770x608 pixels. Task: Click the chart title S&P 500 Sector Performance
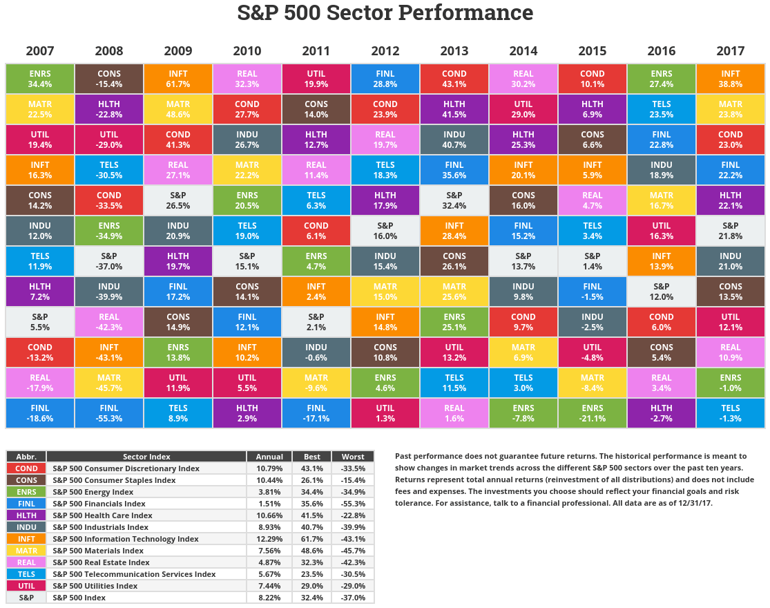point(385,13)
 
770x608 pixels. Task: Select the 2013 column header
point(454,51)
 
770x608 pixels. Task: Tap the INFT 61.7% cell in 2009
point(178,79)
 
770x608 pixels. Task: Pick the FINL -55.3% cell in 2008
point(109,413)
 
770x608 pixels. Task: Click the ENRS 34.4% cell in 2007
point(40,79)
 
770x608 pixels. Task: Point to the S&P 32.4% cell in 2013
point(454,200)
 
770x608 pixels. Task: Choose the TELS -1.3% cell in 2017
point(730,413)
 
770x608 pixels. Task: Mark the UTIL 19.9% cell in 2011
point(316,79)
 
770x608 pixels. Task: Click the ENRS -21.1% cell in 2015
point(592,413)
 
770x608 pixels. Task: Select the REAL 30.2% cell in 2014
point(523,79)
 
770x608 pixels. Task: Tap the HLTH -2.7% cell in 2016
point(661,413)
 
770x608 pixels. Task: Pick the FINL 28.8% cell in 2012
point(385,79)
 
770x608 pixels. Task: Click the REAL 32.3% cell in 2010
point(247,79)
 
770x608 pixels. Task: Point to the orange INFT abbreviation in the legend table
point(26,539)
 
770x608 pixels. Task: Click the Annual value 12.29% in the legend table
point(269,539)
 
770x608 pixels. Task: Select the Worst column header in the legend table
point(353,457)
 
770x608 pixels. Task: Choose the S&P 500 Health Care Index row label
point(102,515)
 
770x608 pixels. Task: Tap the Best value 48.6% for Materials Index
point(311,551)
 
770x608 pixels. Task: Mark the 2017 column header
point(730,51)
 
